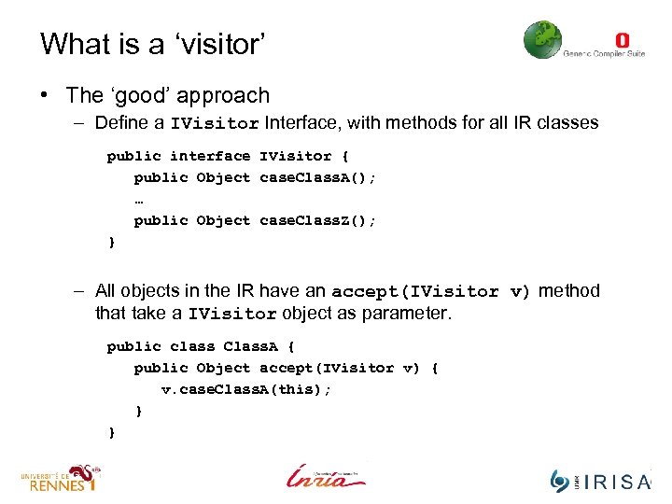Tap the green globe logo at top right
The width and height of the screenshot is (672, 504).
[x=542, y=40]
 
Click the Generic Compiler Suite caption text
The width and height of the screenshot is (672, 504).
[x=603, y=54]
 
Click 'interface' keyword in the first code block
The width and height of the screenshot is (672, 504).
[x=210, y=156]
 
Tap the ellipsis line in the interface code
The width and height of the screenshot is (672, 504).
[x=139, y=199]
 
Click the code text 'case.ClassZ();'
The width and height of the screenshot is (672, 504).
[x=317, y=220]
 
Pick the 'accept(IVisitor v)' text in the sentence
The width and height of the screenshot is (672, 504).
[x=430, y=291]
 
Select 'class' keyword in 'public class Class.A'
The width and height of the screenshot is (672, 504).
[x=191, y=346]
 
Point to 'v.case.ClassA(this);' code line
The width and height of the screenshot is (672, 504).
[x=245, y=389]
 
